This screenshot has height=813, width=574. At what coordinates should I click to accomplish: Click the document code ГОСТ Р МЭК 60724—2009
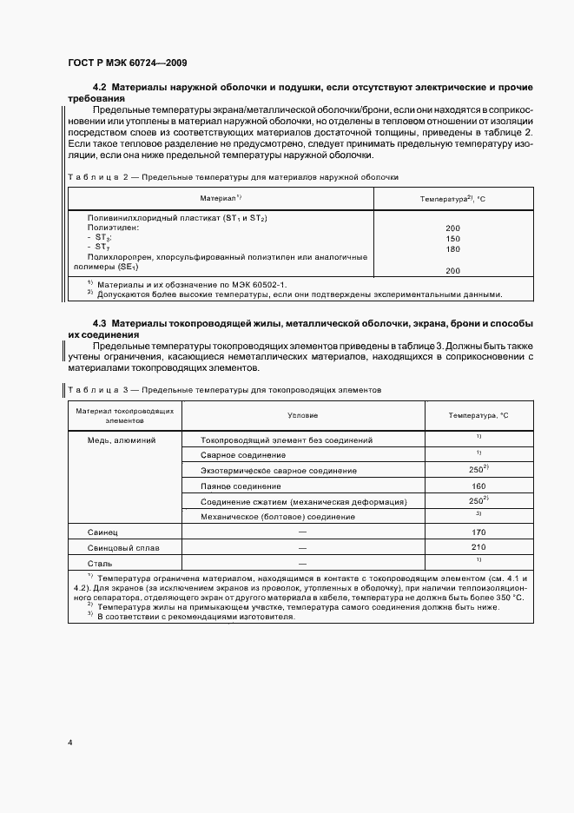click(x=126, y=63)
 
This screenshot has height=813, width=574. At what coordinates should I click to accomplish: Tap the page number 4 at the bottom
click(x=69, y=744)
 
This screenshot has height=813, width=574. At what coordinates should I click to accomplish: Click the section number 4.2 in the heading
click(x=99, y=89)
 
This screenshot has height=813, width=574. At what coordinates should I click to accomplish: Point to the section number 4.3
click(x=99, y=324)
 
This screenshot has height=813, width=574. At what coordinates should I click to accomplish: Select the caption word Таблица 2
click(x=98, y=176)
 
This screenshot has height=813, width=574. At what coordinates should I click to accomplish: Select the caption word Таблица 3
click(x=98, y=390)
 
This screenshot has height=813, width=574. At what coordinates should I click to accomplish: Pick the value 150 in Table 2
click(x=452, y=238)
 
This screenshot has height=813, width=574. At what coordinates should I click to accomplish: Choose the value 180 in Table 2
click(x=452, y=248)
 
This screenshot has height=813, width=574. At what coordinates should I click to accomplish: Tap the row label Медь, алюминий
click(x=122, y=440)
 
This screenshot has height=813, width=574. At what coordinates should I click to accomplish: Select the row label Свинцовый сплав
click(x=122, y=548)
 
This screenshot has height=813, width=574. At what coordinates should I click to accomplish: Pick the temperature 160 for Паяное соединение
click(x=478, y=486)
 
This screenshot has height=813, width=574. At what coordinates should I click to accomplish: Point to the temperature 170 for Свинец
click(x=478, y=531)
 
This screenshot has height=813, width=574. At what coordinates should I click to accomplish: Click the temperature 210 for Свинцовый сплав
click(x=478, y=548)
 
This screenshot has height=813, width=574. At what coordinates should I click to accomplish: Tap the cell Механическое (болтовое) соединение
click(x=277, y=516)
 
